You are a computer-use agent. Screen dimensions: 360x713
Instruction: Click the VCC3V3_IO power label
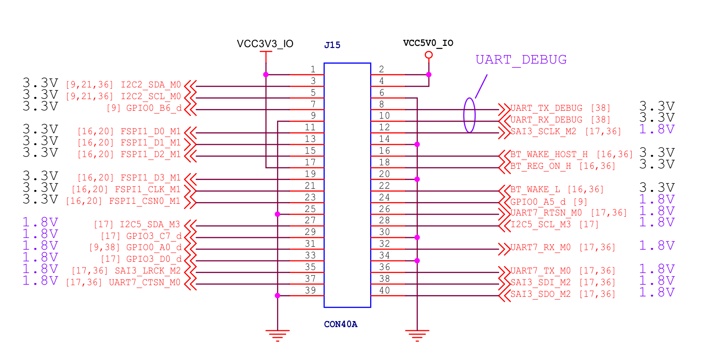pos(265,44)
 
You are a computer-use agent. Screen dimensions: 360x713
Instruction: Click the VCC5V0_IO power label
pos(428,43)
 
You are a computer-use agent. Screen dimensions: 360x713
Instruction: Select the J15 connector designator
pos(332,45)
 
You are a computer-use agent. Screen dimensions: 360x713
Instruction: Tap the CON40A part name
pos(341,324)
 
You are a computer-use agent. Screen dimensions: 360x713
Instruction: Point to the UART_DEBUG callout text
pos(521,60)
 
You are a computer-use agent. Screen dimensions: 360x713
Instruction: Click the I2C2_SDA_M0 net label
pos(151,85)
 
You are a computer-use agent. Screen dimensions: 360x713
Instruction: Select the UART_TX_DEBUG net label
pos(546,108)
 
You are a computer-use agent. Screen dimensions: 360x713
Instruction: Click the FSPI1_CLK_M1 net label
pos(148,190)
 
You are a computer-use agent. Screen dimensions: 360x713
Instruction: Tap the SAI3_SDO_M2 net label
pos(541,294)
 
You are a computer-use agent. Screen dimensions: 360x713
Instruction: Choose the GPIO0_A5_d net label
pos(538,202)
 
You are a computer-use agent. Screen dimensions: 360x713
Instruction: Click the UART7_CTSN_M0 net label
pos(145,283)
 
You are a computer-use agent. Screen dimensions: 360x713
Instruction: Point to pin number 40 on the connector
pos(384,291)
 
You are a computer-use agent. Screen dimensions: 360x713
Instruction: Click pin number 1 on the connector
pos(313,69)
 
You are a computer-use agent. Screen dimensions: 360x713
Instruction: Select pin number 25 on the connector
pos(310,209)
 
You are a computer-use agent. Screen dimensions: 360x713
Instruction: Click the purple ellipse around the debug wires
pos(469,115)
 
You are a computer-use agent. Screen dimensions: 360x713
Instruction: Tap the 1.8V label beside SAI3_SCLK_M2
pos(657,129)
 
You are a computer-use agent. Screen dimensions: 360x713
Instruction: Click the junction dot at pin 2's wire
pos(429,75)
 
